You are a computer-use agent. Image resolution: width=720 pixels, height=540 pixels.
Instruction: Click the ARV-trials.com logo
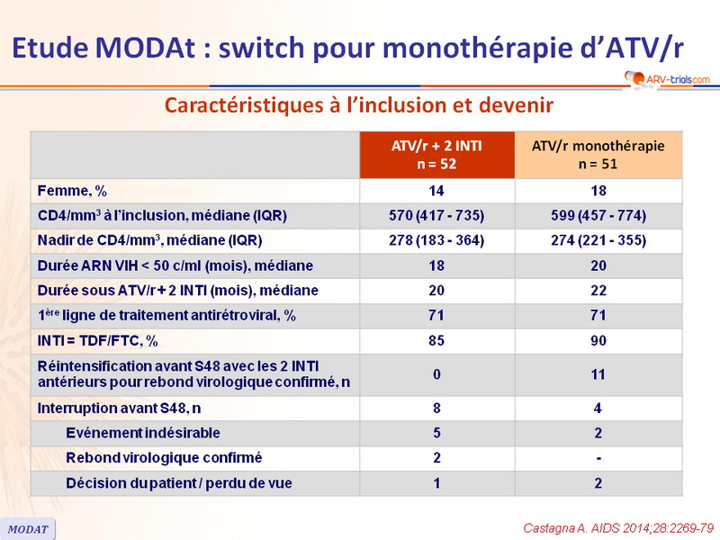(663, 79)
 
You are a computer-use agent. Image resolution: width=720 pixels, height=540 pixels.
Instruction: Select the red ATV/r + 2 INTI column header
(436, 155)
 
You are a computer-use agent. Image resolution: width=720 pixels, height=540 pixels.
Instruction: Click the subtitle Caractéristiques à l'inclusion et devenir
(358, 105)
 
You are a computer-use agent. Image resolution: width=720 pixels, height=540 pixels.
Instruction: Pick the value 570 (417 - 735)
(436, 215)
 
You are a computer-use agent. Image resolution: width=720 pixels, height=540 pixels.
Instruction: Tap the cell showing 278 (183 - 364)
(436, 240)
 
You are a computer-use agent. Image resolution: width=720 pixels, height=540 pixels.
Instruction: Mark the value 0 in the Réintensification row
(436, 373)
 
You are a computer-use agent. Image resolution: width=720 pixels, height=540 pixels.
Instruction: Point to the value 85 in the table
(436, 340)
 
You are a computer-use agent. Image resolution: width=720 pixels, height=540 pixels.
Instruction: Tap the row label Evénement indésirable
(142, 433)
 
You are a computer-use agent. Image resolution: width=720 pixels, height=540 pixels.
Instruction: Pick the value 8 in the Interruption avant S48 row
(436, 408)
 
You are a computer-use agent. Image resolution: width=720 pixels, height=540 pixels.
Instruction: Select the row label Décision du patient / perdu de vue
(178, 483)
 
